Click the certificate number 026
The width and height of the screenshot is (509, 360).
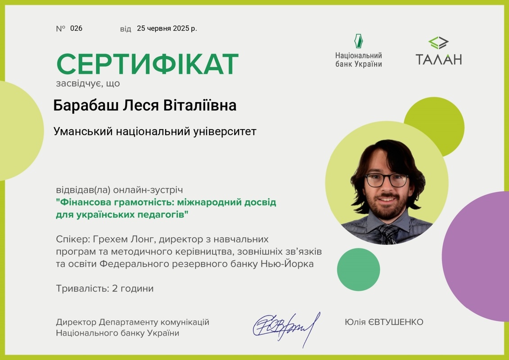click(x=77, y=28)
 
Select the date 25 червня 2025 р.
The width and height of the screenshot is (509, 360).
click(x=167, y=28)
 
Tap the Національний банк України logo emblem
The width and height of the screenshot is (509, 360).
click(x=358, y=41)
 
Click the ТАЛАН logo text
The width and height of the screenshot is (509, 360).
click(x=438, y=59)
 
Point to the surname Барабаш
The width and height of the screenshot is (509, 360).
click(x=86, y=105)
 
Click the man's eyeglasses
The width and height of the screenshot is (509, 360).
click(x=386, y=180)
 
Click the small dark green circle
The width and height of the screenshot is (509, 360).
click(x=358, y=270)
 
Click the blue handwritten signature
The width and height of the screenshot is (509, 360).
click(x=286, y=328)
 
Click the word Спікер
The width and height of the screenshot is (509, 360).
click(x=73, y=239)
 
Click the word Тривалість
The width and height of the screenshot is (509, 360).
click(x=83, y=288)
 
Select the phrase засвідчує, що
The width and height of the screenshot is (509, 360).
click(x=88, y=84)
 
